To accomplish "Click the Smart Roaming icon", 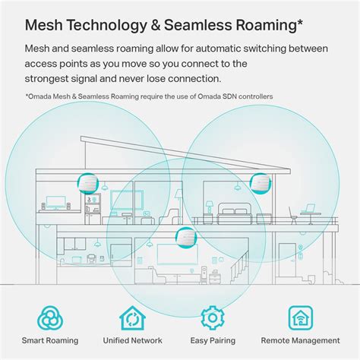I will click(52, 317).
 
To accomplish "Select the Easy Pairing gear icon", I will click(213, 317).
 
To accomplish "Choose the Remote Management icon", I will click(301, 317).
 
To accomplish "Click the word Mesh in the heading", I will click(46, 24).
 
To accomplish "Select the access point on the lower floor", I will click(183, 237).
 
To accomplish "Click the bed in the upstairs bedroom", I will click(234, 207).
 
